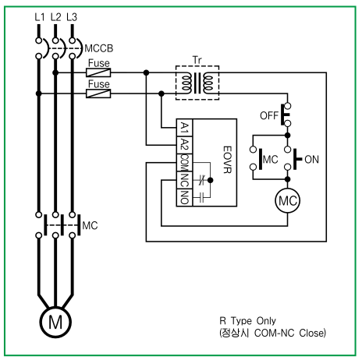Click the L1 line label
(x=40, y=17)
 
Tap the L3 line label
(x=72, y=17)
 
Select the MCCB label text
(x=99, y=48)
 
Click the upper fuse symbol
(x=98, y=72)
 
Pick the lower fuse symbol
(x=98, y=94)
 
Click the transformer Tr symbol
(x=197, y=83)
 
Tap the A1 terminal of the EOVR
(x=184, y=128)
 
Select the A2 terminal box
(x=184, y=145)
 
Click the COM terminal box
(x=184, y=163)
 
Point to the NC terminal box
(x=184, y=180)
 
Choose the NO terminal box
(x=184, y=197)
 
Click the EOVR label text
(x=227, y=160)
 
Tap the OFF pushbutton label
(x=269, y=115)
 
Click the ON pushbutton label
(x=311, y=160)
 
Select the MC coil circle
(x=288, y=200)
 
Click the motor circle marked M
(x=55, y=322)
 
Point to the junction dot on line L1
(x=39, y=94)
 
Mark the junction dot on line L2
(x=55, y=72)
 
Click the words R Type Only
(x=247, y=321)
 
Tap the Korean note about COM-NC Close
(x=272, y=333)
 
